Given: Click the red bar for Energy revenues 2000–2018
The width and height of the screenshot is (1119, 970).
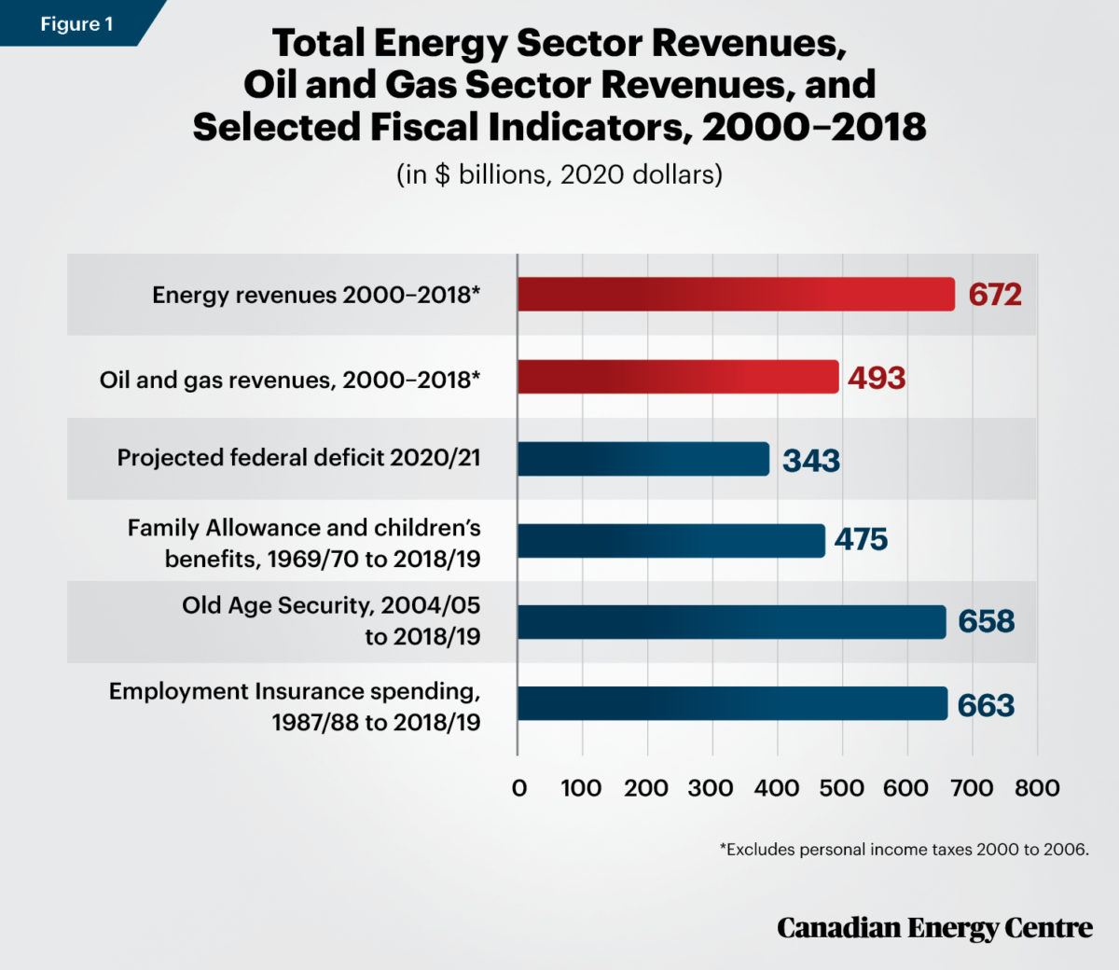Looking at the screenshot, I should click(x=736, y=294).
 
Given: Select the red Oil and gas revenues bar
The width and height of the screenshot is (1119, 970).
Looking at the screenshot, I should click(x=678, y=377).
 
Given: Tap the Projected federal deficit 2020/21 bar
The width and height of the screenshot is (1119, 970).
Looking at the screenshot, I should click(x=643, y=459).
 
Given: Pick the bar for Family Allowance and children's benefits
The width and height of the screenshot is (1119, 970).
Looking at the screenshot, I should click(x=671, y=541).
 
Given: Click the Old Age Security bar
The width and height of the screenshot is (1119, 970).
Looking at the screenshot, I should click(x=732, y=622).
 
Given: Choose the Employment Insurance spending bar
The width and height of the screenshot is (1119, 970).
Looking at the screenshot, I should click(x=733, y=703).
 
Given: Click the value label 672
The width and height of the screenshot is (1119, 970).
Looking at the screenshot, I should click(x=995, y=295).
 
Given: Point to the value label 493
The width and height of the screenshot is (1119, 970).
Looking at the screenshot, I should click(x=877, y=378).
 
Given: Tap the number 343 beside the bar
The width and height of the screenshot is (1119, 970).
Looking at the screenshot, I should click(x=811, y=461).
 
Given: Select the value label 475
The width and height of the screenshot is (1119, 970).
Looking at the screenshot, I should click(x=861, y=540).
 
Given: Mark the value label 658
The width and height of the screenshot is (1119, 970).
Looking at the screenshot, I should click(x=986, y=621).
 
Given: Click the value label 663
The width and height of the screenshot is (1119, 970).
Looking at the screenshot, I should click(x=986, y=705).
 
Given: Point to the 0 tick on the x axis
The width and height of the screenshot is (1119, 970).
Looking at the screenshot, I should click(x=519, y=788).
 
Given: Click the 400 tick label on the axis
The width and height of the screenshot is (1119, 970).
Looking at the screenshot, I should click(x=776, y=788).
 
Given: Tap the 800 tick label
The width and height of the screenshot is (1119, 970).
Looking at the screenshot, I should click(x=1037, y=788).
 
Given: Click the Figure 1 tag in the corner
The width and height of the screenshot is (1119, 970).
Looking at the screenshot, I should click(x=76, y=23).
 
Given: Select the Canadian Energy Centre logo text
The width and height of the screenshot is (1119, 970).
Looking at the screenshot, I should click(x=934, y=928).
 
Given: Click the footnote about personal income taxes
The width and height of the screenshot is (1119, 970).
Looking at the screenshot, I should click(x=904, y=850).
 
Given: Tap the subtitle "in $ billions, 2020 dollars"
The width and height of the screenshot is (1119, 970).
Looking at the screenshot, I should click(x=559, y=174).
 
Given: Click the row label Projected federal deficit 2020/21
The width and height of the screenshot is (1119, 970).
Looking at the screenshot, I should click(x=298, y=458).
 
